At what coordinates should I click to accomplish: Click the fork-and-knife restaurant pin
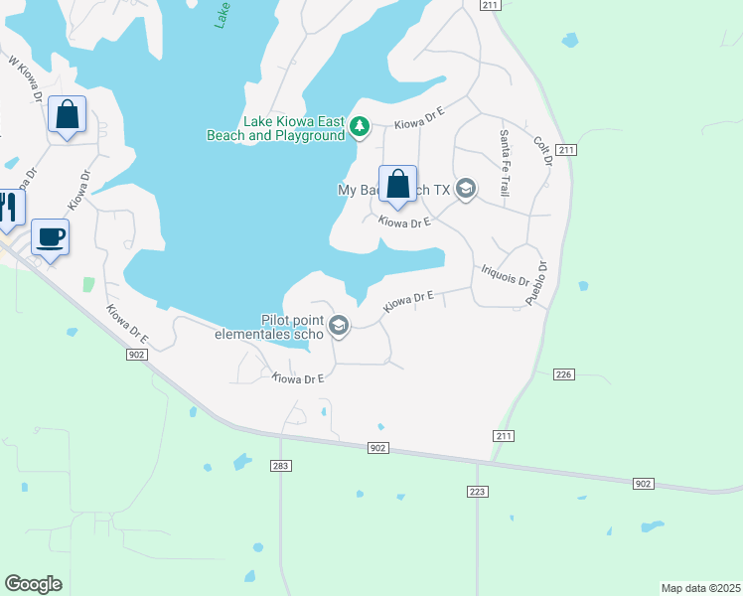pos(7,206)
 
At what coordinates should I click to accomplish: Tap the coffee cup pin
pos(50,237)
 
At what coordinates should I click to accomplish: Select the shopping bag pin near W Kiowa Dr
pos(67,114)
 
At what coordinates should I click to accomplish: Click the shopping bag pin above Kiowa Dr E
pos(397,184)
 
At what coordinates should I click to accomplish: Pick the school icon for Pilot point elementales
pos(339,326)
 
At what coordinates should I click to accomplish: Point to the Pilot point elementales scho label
pos(269,327)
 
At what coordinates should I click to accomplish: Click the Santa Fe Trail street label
pos(505,162)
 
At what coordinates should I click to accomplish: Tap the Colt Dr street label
pos(542,153)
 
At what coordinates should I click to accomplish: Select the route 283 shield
pos(281,466)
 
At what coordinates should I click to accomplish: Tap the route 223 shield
pos(476,492)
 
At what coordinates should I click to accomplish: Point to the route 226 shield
pos(564,373)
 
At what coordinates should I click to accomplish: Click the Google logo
pos(33,584)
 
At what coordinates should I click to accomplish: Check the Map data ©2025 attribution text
pos(700,587)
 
